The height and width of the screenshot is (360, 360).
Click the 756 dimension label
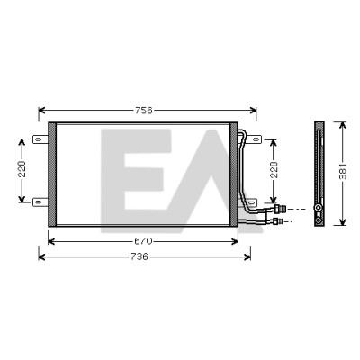[x=144, y=111]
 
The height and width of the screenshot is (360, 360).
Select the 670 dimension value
[x=143, y=241]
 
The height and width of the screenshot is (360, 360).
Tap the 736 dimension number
[x=139, y=256]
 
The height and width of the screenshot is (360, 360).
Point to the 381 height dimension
[x=343, y=172]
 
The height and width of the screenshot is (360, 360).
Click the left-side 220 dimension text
[x=22, y=169]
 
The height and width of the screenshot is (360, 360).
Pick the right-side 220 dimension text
[x=274, y=170]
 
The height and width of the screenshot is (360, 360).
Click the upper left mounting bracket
[x=40, y=139]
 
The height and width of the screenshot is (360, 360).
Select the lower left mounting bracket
[x=40, y=202]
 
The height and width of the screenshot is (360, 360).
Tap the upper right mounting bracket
[x=254, y=139]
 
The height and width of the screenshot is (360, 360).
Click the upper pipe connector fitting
[x=281, y=209]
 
